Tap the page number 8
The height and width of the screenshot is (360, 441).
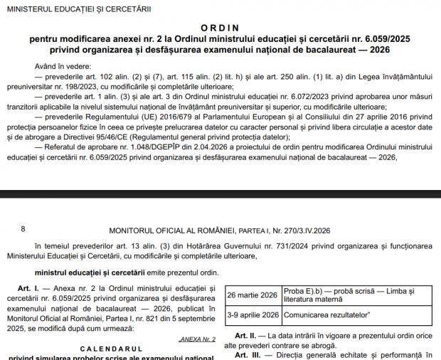click(23, 229)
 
